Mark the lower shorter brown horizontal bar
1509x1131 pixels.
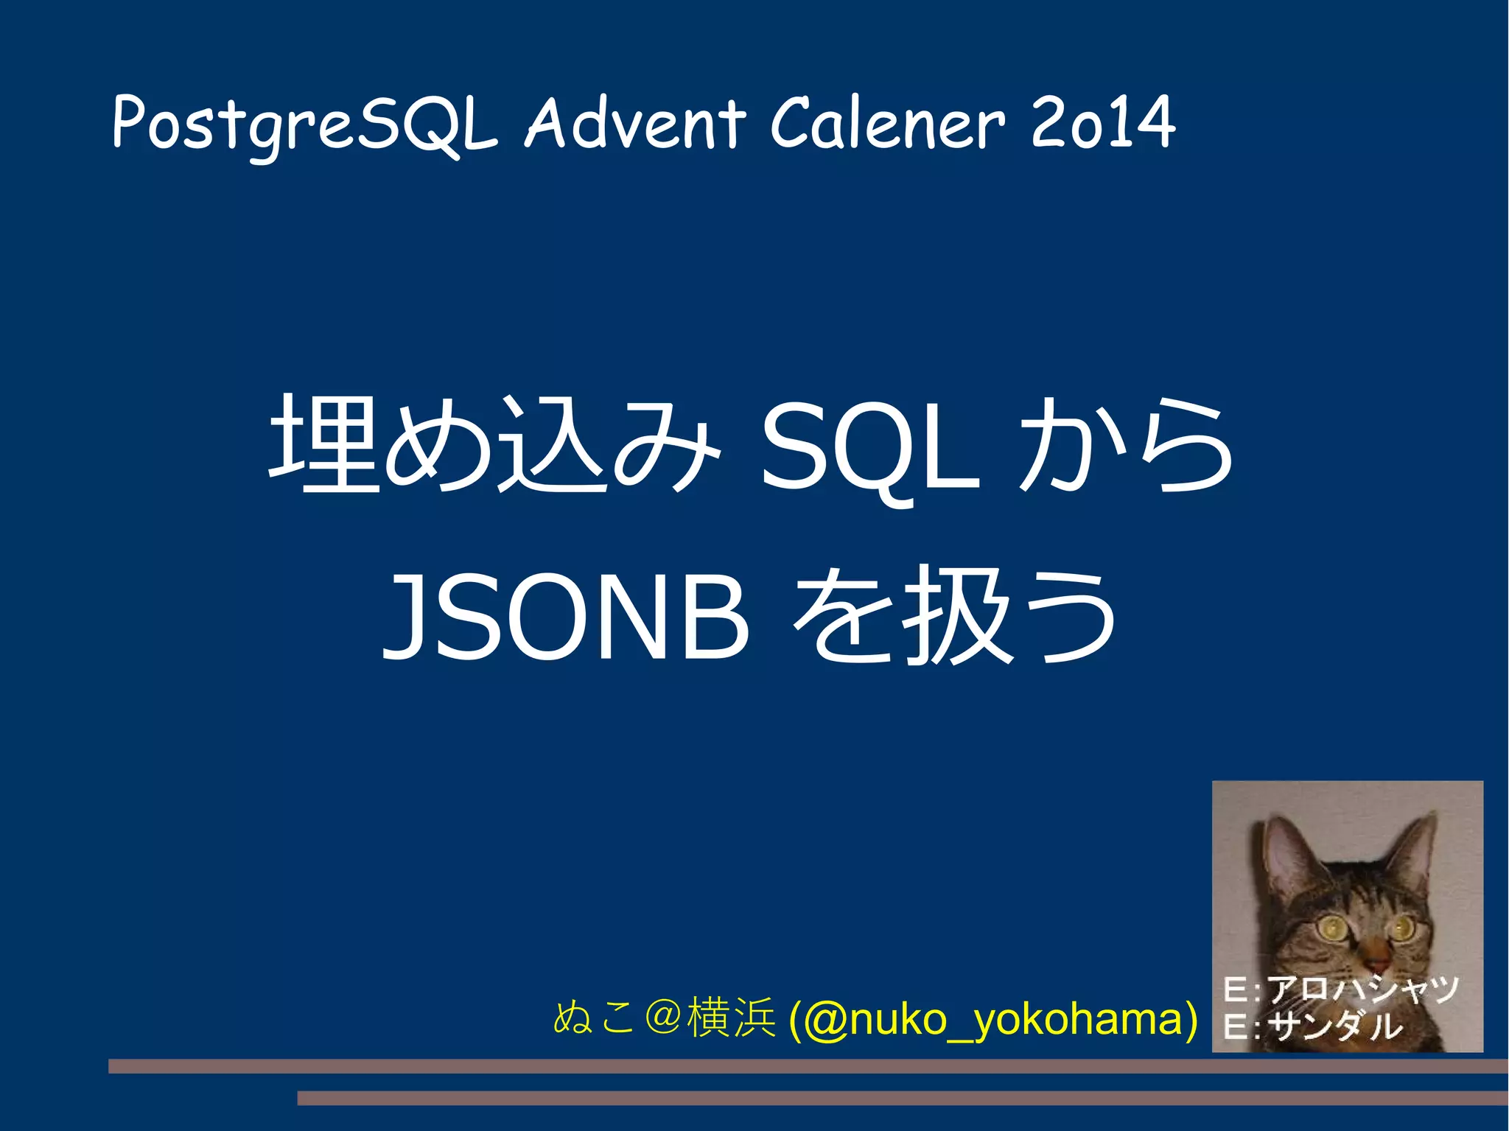[x=902, y=1099]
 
